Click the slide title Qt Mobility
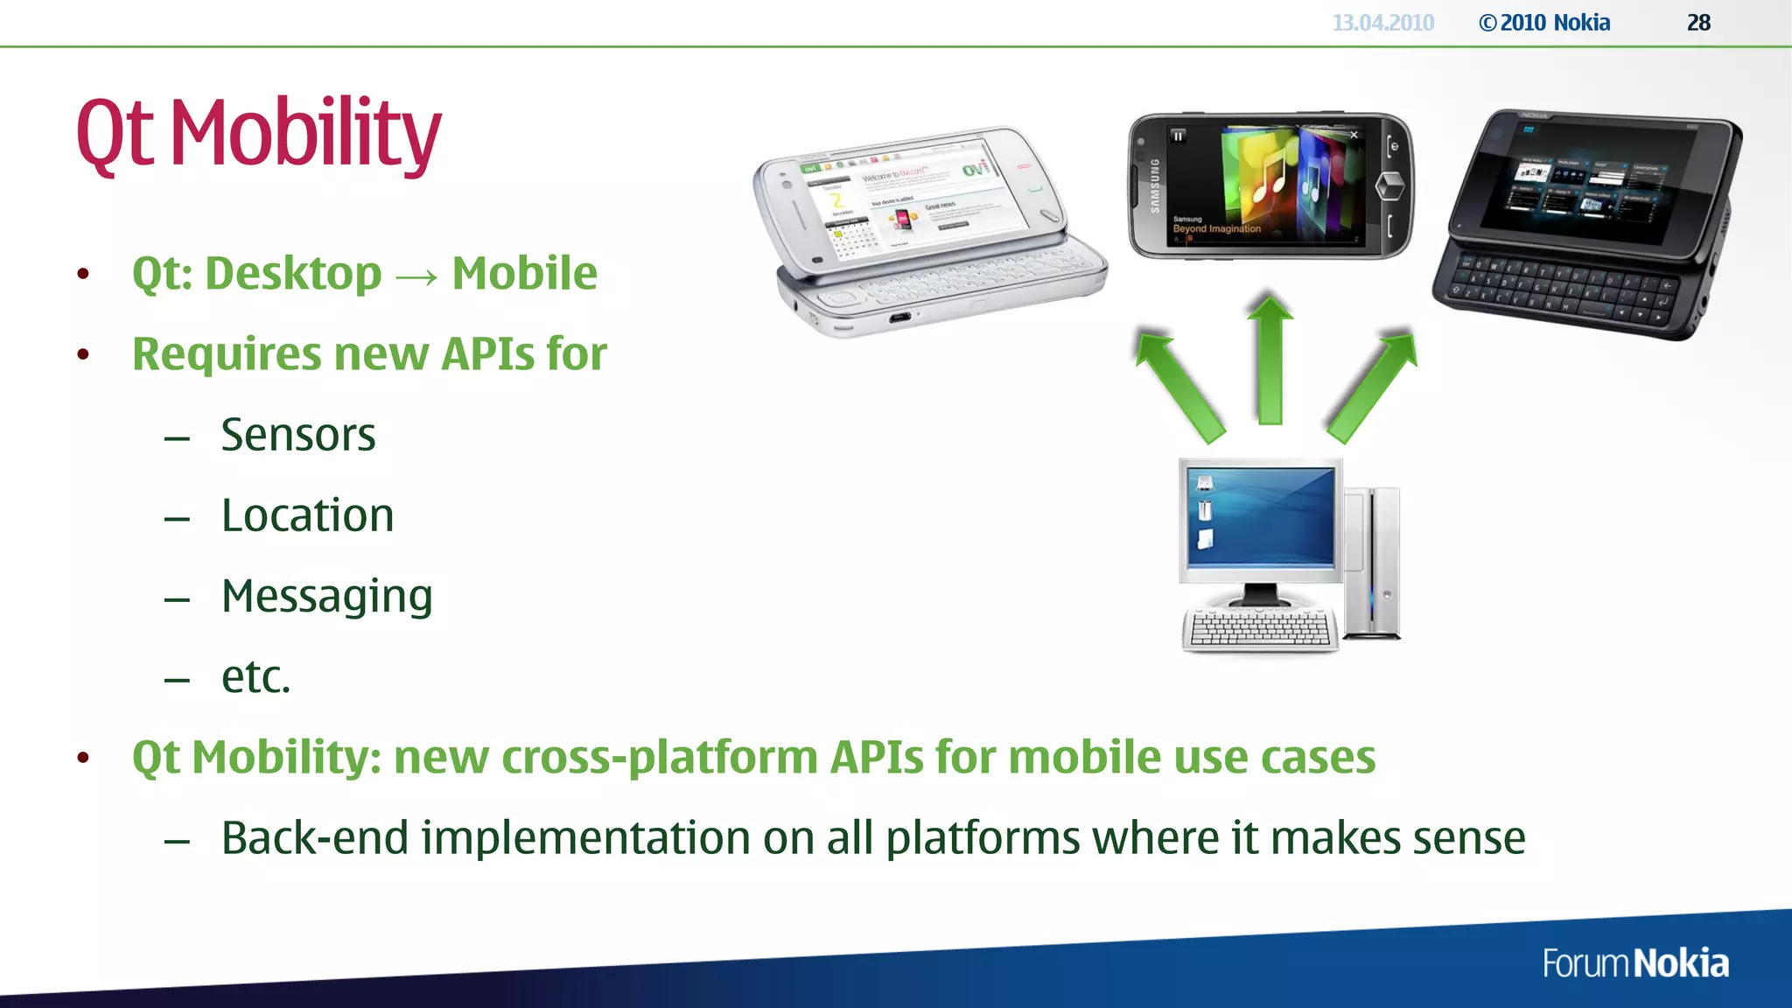click(259, 133)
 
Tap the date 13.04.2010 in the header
click(1382, 23)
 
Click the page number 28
click(1698, 23)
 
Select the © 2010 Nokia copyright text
click(1544, 23)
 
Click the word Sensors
click(297, 435)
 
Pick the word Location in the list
click(307, 515)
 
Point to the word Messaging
click(326, 597)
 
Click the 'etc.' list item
click(255, 676)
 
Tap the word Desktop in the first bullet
click(293, 274)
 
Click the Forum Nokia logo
click(1634, 963)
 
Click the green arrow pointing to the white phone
click(1177, 385)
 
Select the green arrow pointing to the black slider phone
click(1372, 385)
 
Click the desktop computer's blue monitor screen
click(1261, 516)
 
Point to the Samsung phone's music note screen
click(1269, 184)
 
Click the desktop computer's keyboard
click(1260, 628)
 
